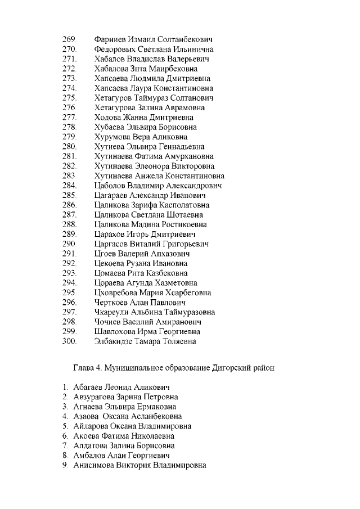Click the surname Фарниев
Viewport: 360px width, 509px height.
coord(110,40)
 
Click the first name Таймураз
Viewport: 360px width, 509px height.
coord(155,98)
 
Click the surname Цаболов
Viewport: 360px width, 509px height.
coord(112,186)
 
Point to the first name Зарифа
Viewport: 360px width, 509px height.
coord(145,205)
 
